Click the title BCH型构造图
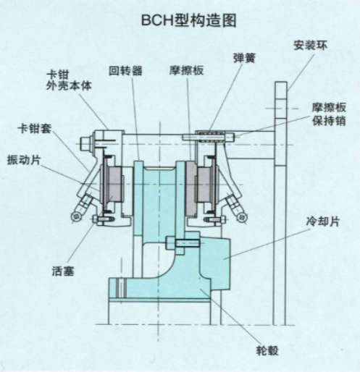pyautogui.click(x=188, y=20)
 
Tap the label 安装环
pyautogui.click(x=310, y=46)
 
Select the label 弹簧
pyautogui.click(x=244, y=58)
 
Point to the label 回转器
pyautogui.click(x=125, y=71)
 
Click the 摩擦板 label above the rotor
pyautogui.click(x=186, y=70)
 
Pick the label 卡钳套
pyautogui.click(x=35, y=128)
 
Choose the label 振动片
pyautogui.click(x=24, y=160)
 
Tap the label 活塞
pyautogui.click(x=63, y=271)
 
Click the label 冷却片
pyautogui.click(x=323, y=221)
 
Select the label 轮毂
pyautogui.click(x=267, y=350)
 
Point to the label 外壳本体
pyautogui.click(x=69, y=85)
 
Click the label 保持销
pyautogui.click(x=330, y=121)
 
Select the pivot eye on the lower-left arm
pyautogui.click(x=76, y=216)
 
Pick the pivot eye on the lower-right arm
pyautogui.click(x=242, y=217)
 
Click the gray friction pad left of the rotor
pyautogui.click(x=115, y=185)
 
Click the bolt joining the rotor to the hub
pyautogui.click(x=183, y=243)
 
